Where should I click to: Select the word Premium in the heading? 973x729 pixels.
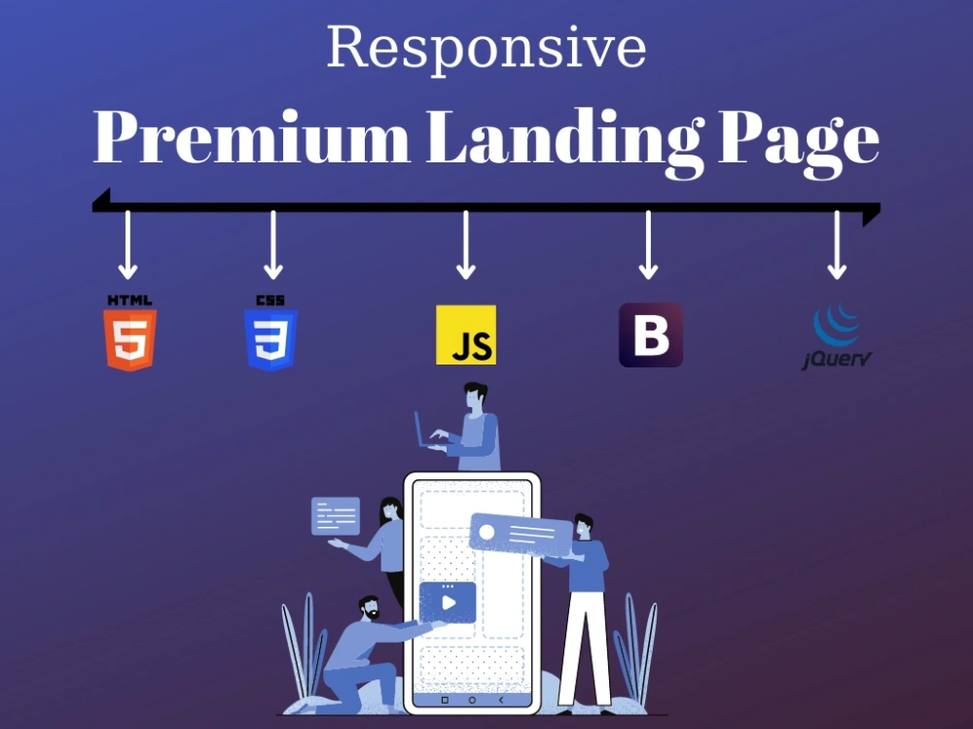point(251,137)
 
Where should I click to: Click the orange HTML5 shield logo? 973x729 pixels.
point(129,332)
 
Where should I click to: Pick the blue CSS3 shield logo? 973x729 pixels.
point(270,332)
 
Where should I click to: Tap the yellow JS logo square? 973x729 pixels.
point(466,334)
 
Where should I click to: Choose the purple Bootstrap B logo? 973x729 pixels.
point(651,334)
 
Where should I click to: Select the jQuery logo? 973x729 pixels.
point(837,336)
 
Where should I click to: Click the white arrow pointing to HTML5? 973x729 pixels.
point(127,245)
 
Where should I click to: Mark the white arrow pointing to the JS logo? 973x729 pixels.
point(466,245)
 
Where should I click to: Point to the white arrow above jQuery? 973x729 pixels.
point(837,245)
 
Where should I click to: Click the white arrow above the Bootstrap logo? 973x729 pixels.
point(648,245)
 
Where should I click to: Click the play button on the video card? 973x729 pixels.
point(449,603)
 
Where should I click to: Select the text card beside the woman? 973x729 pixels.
point(336,516)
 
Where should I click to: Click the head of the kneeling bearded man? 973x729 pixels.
point(369,608)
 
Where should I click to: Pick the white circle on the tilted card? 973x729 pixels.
point(487,532)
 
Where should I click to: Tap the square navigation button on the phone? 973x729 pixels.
point(445,700)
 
